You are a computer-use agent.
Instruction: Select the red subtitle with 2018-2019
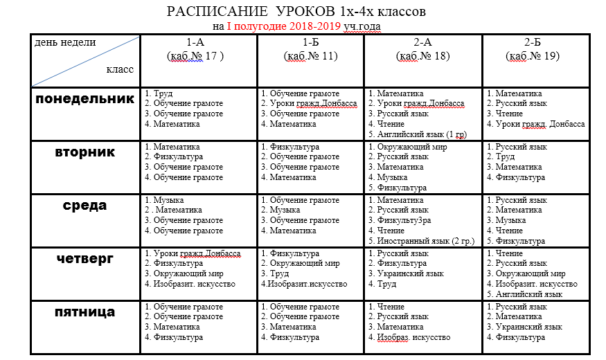297,26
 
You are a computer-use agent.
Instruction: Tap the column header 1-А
198,43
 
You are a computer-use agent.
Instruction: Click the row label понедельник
84,99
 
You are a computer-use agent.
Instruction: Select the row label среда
84,206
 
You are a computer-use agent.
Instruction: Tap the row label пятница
84,312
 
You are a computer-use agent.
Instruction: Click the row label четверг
84,259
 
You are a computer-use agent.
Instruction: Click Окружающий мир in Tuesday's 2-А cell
412,147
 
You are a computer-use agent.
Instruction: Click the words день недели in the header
65,43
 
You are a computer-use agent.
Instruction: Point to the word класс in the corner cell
120,69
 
